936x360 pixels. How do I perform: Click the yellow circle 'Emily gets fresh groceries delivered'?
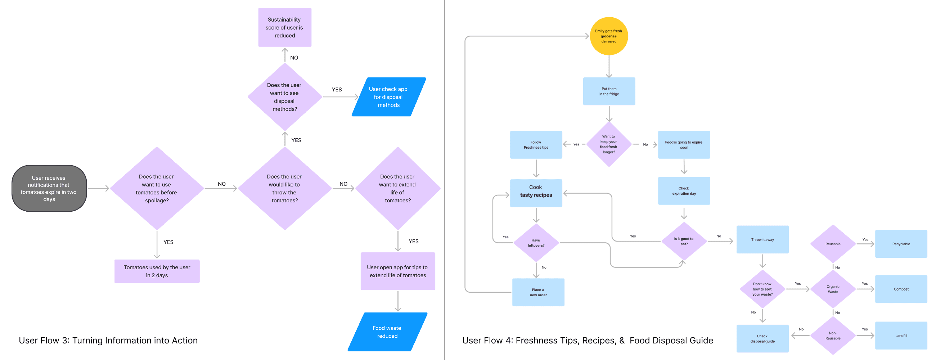click(x=609, y=36)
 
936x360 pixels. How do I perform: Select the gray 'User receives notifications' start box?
click(x=49, y=188)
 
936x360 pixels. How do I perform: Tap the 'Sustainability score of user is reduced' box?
click(x=284, y=27)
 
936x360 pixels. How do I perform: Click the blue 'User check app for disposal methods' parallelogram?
click(x=388, y=96)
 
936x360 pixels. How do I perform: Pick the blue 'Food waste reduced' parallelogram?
click(x=387, y=332)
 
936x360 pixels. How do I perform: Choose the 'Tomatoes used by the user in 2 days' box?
click(x=157, y=271)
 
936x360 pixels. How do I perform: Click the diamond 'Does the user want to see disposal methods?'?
click(x=284, y=96)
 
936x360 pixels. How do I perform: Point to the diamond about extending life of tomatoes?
click(x=398, y=188)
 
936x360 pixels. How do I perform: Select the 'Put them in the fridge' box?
click(x=609, y=91)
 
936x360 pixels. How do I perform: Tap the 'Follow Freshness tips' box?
click(x=536, y=145)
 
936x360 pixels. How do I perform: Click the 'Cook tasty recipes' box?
click(x=536, y=193)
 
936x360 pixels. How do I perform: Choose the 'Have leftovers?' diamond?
click(x=536, y=243)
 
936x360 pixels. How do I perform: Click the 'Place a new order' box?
click(x=538, y=292)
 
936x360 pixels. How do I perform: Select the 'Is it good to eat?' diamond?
click(x=684, y=241)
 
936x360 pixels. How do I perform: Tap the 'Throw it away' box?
click(x=762, y=239)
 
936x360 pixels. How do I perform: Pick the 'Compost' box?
click(x=901, y=289)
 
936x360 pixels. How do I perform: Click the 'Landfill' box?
click(x=901, y=335)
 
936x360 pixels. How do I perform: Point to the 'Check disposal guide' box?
click(x=762, y=338)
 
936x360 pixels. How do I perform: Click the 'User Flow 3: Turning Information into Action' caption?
click(x=108, y=341)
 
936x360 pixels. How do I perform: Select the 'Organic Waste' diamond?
click(x=833, y=289)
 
